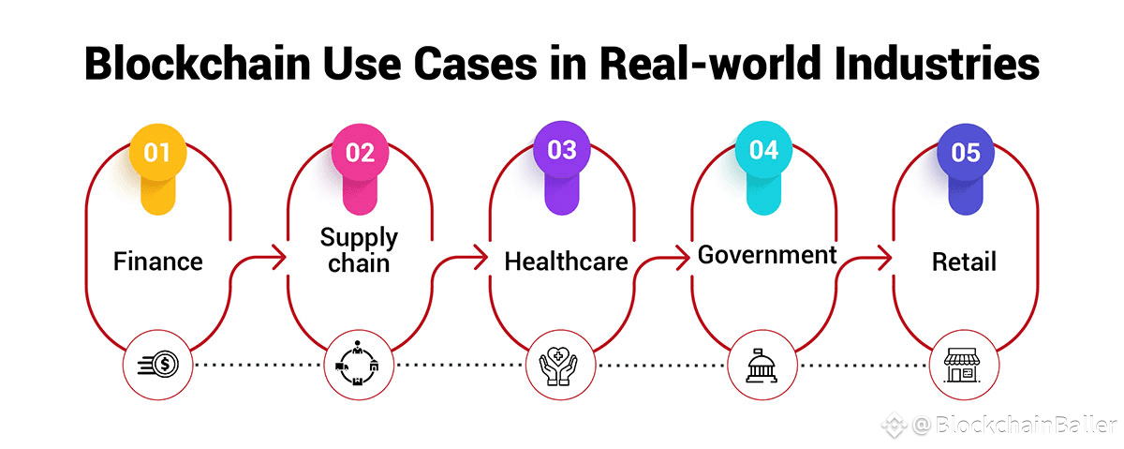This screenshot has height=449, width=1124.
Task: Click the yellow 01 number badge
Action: coord(157,152)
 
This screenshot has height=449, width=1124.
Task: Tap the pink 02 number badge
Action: coord(360,152)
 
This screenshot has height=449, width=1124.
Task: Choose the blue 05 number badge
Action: coord(966,152)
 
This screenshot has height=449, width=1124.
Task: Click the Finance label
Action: coord(157,262)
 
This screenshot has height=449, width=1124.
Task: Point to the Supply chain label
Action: coord(359,249)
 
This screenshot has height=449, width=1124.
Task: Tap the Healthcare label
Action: coord(566,262)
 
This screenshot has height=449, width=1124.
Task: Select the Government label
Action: coord(767,255)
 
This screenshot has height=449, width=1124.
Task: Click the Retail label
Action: coord(964,262)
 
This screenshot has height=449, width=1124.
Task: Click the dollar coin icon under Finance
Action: coord(157,362)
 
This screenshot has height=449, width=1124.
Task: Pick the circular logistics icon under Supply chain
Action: coord(359,363)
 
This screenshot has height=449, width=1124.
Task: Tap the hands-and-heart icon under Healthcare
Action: coord(561,363)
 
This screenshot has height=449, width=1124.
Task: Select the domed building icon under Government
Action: coord(762,363)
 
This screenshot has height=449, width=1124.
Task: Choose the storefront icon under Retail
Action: coord(965,363)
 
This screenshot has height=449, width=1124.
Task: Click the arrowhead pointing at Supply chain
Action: coord(279,256)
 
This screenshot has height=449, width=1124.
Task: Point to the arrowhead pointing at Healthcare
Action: coord(481,256)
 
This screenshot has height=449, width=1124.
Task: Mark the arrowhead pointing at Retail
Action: coord(884,256)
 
